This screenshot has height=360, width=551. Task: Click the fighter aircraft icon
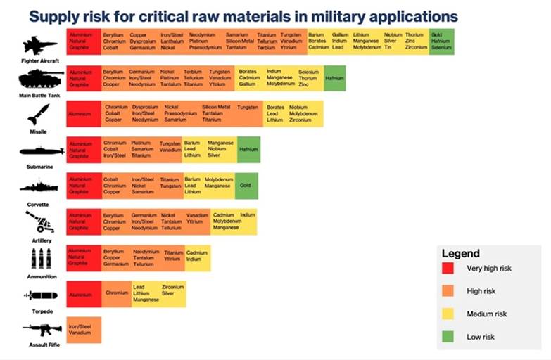tap(40, 46)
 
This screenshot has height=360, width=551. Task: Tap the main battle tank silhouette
tap(41, 77)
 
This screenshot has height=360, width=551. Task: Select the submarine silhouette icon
tap(41, 151)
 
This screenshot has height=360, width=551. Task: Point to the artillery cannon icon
tap(39, 223)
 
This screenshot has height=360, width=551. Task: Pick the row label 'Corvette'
tap(39, 204)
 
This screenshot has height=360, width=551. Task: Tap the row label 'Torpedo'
tap(40, 310)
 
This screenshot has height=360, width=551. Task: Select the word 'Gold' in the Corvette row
tap(246, 186)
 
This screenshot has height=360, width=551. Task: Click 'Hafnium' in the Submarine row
tap(248, 149)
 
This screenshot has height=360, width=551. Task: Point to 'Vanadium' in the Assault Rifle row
tap(79, 333)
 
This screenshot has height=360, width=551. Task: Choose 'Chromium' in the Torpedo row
tap(117, 292)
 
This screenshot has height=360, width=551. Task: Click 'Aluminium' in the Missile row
tap(80, 113)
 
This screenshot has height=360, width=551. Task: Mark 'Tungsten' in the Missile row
tap(248, 107)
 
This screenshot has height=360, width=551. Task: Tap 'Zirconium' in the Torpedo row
tap(172, 287)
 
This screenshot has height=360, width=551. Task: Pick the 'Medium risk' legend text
tap(486, 314)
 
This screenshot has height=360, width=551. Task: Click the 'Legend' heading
tap(460, 253)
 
